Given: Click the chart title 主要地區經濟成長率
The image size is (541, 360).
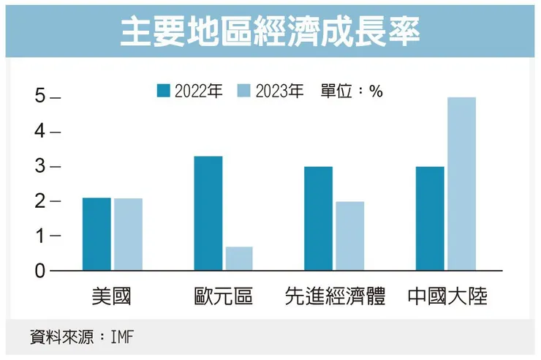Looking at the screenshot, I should pos(270,31).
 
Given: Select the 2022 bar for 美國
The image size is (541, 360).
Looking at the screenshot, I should pos(97,234).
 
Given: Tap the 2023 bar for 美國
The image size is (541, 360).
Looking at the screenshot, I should pos(128,234).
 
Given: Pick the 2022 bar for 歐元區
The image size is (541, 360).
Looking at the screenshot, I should pos(208,213).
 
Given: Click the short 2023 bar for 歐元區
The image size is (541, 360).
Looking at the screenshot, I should pos(239,258).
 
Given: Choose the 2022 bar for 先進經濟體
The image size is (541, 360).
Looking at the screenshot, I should pos(318,218).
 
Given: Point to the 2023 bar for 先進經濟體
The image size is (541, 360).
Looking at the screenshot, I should pos(349,236).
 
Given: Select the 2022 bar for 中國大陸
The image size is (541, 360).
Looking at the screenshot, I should pos(429,218).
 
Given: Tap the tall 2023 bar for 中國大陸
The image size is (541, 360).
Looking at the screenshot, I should pos(461,184).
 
